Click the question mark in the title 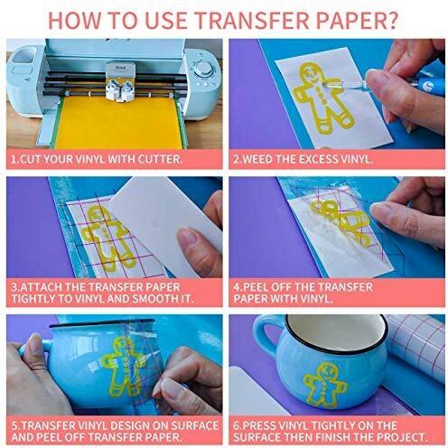[391, 20]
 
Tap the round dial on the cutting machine [202, 69]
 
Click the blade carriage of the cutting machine [120, 80]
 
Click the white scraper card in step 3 [163, 223]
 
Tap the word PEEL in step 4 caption [256, 287]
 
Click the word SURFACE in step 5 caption [195, 425]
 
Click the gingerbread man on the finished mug [324, 384]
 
